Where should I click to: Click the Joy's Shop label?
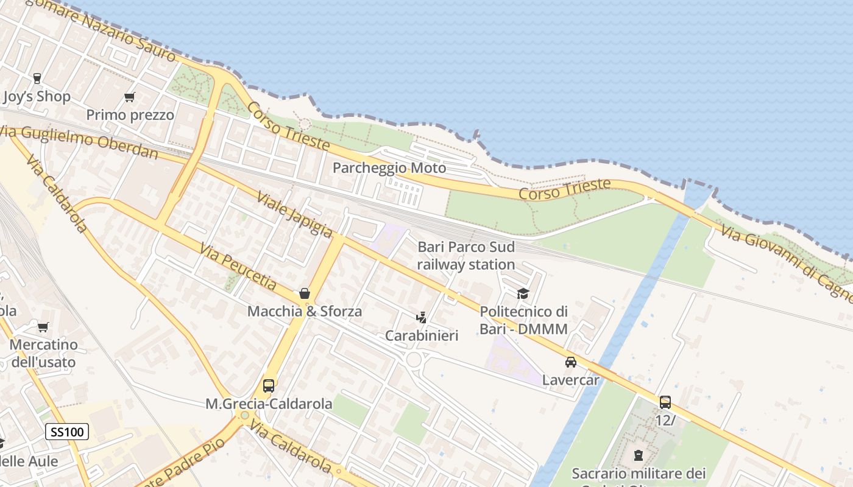tap(37, 96)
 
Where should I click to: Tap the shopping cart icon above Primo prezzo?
tap(129, 97)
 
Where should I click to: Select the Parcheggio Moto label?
tap(389, 168)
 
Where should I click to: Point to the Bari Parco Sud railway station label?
tap(466, 256)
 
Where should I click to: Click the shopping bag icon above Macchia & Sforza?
tap(305, 293)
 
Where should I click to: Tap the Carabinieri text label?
tap(422, 335)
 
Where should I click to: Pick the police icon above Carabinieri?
tap(421, 317)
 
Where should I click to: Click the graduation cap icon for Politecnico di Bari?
tap(523, 293)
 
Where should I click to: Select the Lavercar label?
tap(571, 380)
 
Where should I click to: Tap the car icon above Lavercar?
tap(571, 362)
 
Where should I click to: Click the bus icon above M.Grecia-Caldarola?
tap(268, 385)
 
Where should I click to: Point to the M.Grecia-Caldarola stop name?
tap(269, 404)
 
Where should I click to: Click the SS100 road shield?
tap(67, 432)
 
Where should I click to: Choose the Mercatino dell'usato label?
tap(43, 353)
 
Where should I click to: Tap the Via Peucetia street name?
tap(238, 266)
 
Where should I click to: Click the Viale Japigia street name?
tap(295, 214)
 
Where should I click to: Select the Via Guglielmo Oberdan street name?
tap(79, 143)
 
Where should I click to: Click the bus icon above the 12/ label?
tap(665, 402)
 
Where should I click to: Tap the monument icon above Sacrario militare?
tap(638, 455)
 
